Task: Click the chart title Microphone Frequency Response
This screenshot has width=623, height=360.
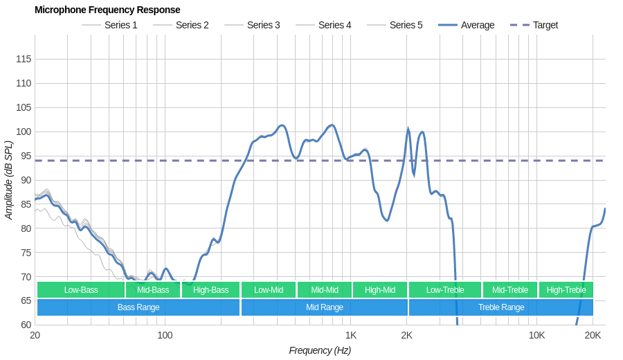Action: pos(107,10)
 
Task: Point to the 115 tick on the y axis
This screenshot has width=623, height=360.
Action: pos(24,59)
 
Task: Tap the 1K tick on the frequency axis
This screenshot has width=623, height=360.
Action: pos(351,336)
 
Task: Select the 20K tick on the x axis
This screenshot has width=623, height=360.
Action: pos(593,336)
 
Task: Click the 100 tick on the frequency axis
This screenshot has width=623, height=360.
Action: pos(165,336)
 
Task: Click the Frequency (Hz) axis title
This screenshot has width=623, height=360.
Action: pos(320,350)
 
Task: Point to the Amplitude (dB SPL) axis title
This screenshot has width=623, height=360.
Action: pos(9,180)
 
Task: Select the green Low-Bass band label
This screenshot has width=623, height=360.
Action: pos(81,290)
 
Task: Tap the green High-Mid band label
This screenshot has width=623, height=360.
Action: pos(380,290)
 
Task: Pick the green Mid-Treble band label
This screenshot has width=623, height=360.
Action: pos(510,290)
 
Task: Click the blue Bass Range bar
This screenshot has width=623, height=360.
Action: pos(138,307)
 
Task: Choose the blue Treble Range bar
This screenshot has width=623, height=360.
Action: pos(501,307)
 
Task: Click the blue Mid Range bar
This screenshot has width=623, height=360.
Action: pos(325,307)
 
